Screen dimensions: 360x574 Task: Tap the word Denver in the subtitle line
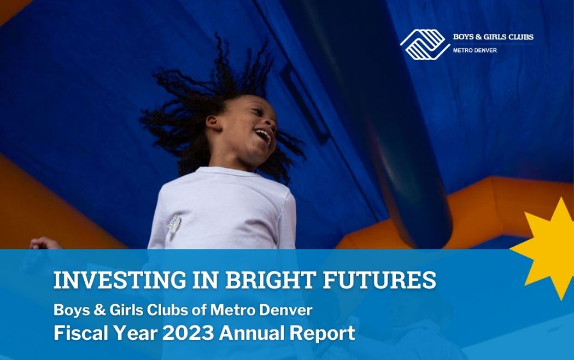click(x=285, y=310)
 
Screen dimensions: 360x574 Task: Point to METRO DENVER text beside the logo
click(x=475, y=50)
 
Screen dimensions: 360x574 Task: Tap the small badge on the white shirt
click(x=174, y=225)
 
